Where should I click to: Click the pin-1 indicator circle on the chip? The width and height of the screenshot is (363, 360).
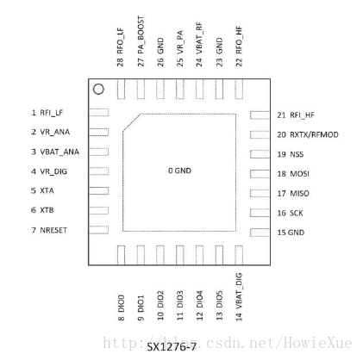click(x=98, y=90)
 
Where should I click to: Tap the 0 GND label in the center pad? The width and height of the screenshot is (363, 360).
click(x=179, y=171)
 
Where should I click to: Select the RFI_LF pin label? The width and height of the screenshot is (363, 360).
click(x=52, y=113)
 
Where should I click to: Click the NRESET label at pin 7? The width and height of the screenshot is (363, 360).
click(x=53, y=230)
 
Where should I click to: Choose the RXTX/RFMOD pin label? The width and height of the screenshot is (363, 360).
click(x=314, y=134)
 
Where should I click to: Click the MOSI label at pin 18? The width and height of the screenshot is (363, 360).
click(x=299, y=174)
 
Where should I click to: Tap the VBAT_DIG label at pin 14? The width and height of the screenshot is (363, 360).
click(x=239, y=291)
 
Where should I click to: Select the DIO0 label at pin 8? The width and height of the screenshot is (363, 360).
click(x=122, y=304)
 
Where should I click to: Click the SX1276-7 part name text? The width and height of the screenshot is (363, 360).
click(x=172, y=347)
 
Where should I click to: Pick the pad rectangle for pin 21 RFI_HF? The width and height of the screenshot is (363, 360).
click(x=260, y=115)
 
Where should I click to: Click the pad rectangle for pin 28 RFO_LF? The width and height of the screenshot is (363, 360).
click(x=121, y=90)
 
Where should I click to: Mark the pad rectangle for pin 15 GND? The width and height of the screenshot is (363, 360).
click(x=260, y=233)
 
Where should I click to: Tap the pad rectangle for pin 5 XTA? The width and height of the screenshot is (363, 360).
click(x=98, y=190)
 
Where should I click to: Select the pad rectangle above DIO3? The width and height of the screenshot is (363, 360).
click(x=180, y=255)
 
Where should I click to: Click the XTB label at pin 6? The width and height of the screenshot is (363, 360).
click(x=47, y=210)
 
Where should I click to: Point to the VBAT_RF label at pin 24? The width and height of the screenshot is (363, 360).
click(x=199, y=38)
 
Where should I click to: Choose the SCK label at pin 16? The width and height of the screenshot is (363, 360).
click(x=297, y=213)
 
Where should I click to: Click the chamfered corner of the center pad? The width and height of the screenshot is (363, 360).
click(x=132, y=122)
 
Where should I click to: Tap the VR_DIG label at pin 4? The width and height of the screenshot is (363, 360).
click(x=53, y=171)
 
